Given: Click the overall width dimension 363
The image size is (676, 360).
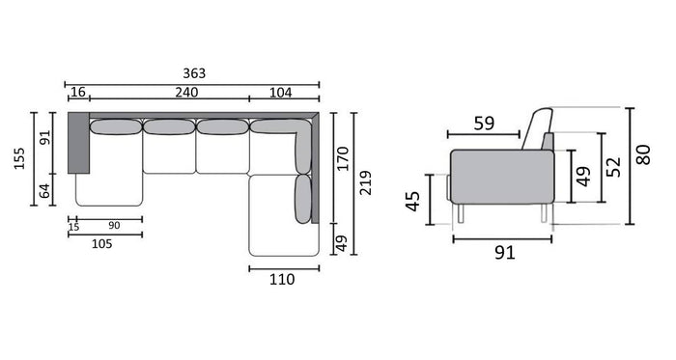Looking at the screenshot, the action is click(x=194, y=73).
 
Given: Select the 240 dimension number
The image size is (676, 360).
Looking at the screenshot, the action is click(x=186, y=92).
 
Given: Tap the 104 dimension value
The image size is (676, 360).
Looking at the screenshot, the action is click(x=281, y=93).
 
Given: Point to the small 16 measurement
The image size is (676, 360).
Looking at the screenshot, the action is click(x=78, y=92).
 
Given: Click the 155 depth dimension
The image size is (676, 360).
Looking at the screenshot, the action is click(x=19, y=158).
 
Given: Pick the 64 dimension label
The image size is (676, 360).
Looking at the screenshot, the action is click(x=44, y=191).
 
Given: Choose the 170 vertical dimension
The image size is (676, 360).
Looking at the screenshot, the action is click(x=343, y=158).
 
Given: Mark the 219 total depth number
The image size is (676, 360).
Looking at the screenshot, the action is click(x=365, y=182).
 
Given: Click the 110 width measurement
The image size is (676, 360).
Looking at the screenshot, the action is click(x=282, y=280).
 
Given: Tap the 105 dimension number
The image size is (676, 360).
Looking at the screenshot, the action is click(x=101, y=244).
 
